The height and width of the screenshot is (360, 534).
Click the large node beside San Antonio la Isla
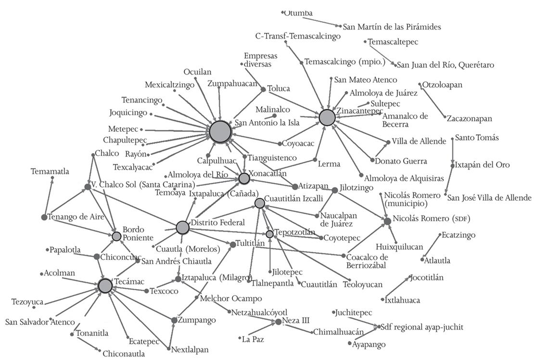click(x=220, y=131)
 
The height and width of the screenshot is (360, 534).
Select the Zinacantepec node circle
click(x=327, y=117)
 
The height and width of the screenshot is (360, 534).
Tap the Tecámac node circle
click(x=105, y=285)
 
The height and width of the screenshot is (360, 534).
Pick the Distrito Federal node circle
click(x=182, y=227)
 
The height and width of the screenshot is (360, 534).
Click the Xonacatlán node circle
click(x=244, y=179)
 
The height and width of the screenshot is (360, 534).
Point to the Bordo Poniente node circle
click(x=116, y=236)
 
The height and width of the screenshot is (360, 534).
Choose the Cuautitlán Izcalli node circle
click(x=260, y=203)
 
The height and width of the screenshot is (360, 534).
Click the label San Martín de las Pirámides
click(x=392, y=27)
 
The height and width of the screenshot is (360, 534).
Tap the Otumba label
click(x=298, y=13)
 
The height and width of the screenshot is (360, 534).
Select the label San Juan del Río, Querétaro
click(x=445, y=65)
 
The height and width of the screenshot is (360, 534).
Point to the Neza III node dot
click(x=278, y=321)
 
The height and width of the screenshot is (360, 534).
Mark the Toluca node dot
click(x=263, y=90)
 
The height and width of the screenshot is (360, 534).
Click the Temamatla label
click(x=50, y=171)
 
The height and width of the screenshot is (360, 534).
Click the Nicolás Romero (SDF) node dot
click(x=387, y=221)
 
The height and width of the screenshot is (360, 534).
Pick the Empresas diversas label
click(x=260, y=60)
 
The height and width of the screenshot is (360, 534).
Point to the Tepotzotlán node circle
click(x=269, y=234)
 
